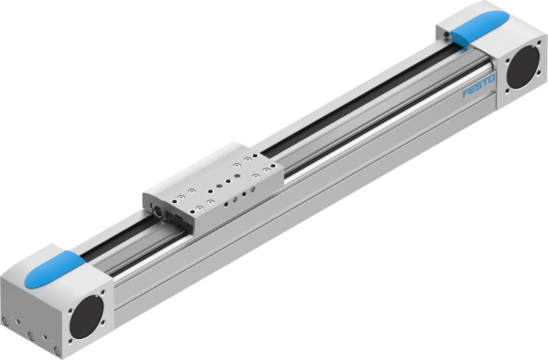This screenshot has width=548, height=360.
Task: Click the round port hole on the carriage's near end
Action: click(155, 211)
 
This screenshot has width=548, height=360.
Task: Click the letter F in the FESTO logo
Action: click(466, 94)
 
